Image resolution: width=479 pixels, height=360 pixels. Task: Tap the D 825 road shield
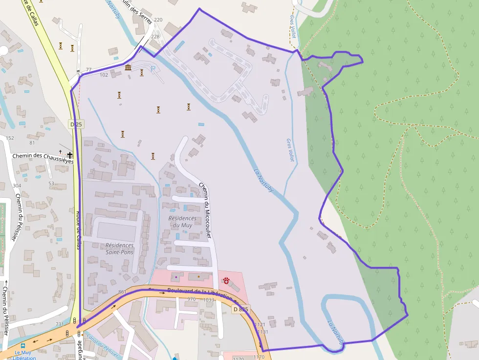240,309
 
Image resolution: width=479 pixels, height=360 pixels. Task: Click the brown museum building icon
128,67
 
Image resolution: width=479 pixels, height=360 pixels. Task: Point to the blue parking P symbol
153,68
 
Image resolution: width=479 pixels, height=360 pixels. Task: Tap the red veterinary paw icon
226,280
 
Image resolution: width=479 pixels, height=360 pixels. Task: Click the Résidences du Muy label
182,221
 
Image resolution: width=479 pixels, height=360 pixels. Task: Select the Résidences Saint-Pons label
120,249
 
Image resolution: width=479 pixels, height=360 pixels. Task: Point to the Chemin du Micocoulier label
205,210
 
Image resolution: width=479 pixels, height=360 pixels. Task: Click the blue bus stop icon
23,345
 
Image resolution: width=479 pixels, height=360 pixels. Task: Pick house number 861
122,292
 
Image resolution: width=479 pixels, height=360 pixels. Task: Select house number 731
60,324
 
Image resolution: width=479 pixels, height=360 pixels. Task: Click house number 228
155,37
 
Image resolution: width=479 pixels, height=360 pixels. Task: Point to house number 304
17,186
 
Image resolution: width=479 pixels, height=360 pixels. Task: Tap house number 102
104,75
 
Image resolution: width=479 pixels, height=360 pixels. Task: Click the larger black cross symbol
70,154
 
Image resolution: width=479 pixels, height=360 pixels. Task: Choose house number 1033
209,299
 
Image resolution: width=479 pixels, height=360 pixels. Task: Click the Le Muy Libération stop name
25,355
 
